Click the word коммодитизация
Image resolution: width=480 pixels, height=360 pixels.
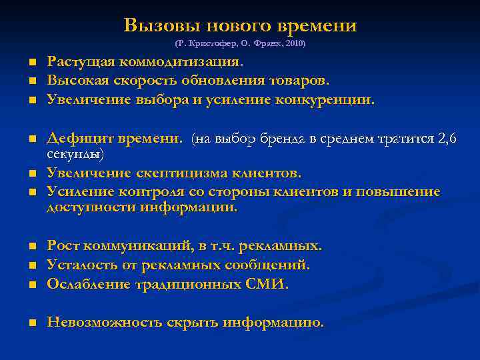tap(181, 62)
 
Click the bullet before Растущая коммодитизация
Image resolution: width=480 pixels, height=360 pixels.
tap(31, 63)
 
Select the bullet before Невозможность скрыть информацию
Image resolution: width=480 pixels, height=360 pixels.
tap(31, 323)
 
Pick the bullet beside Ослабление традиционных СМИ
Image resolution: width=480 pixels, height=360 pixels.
tap(31, 285)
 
